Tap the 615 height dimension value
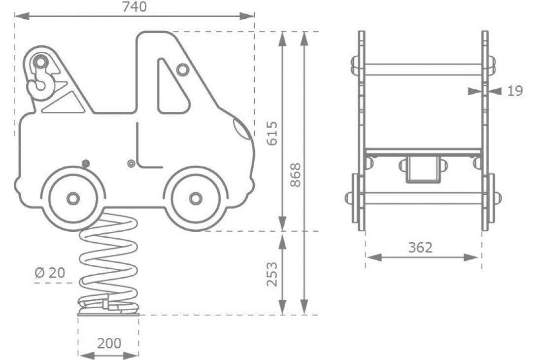point(272,133)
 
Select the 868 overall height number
point(295,175)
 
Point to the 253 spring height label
point(272,274)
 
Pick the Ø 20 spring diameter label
point(50,272)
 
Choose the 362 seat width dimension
point(420,248)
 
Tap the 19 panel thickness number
point(514,91)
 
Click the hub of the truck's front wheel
point(196,198)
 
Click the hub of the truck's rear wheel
point(73,198)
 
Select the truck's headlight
point(242,130)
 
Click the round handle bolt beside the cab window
point(183,70)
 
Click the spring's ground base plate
point(108,312)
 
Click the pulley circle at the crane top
point(41,63)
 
